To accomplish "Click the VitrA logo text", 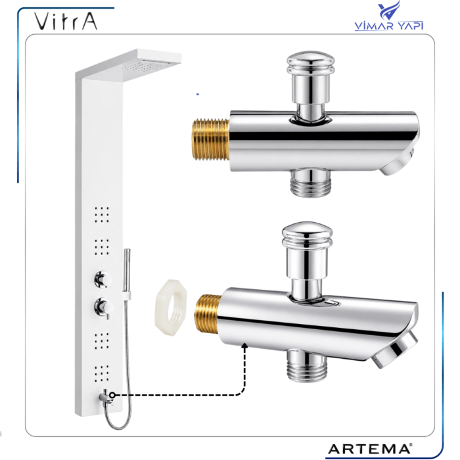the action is (66, 21).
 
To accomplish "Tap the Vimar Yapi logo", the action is (389, 16).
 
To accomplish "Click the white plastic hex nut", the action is (170, 308).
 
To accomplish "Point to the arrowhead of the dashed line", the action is (244, 346).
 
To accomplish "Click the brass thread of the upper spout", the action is (210, 139).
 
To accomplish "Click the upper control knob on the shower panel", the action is (103, 279).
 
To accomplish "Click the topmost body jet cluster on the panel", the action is (102, 214).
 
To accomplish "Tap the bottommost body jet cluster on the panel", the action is (102, 374).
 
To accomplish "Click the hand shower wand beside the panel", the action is (127, 271).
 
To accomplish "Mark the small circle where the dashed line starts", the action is (112, 395).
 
